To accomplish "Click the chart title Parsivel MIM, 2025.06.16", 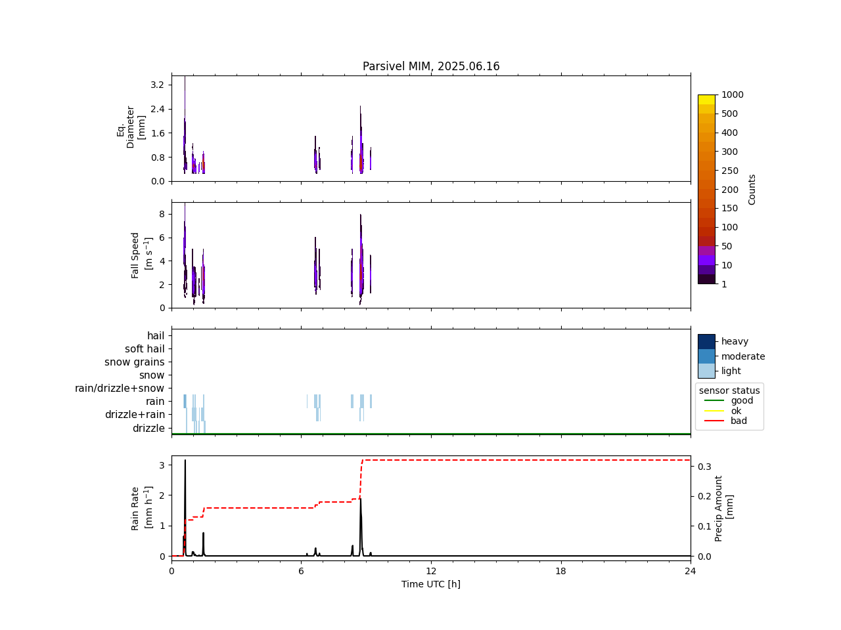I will [431, 66].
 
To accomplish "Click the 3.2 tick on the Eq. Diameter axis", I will [158, 85].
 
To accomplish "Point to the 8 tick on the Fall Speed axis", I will [160, 214].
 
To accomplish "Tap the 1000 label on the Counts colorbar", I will [733, 94].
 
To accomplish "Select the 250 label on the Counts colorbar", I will [730, 171].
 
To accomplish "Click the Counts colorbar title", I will [752, 189].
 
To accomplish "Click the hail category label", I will [156, 336].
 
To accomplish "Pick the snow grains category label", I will [135, 362].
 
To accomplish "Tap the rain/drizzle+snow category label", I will [120, 388].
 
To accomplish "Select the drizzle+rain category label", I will [135, 415].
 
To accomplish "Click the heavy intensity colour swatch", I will [706, 341].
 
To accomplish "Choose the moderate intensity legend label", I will [743, 356].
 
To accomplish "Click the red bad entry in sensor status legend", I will [739, 421].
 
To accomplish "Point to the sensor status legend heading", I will [729, 390].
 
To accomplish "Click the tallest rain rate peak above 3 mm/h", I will [185, 461].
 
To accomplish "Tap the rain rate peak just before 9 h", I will [360, 499].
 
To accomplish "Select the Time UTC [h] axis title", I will [431, 584].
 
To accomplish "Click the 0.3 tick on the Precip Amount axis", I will [704, 467].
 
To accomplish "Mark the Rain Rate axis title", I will [140, 508].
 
